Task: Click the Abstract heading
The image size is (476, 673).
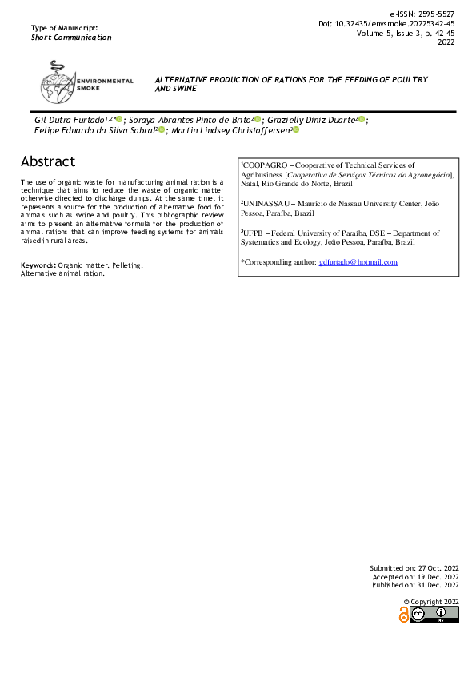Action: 48,161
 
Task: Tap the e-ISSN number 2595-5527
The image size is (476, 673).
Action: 433,14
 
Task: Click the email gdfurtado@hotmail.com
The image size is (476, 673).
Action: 358,262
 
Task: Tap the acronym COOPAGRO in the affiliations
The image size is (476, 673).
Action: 265,165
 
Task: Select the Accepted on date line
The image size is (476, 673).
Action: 415,576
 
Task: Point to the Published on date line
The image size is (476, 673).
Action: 414,586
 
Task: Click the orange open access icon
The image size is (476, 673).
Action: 404,614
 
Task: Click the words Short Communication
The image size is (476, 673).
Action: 71,38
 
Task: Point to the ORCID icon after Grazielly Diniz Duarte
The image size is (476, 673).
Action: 362,119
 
